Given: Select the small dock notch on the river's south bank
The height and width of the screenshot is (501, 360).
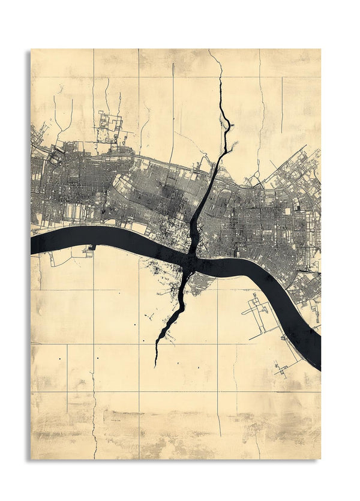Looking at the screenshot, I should click(x=92, y=247).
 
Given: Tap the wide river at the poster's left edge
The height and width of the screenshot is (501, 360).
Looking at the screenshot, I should click(x=36, y=243).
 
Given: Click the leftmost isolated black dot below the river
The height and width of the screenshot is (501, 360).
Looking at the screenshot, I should click(x=59, y=358).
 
